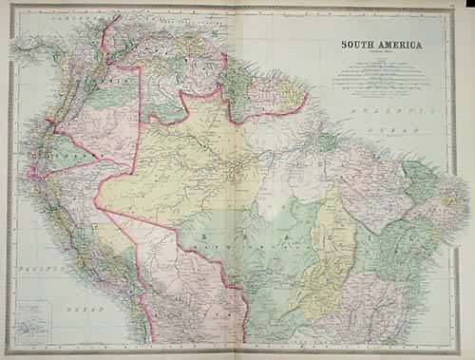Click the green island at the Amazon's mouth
click(x=329, y=142)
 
